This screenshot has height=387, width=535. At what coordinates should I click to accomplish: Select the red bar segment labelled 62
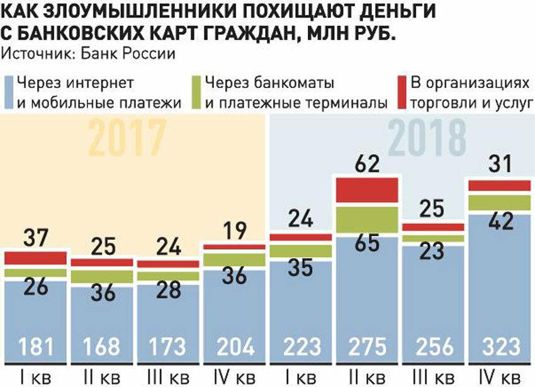[368, 189]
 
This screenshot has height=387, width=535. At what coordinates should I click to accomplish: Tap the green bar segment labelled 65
[368, 220]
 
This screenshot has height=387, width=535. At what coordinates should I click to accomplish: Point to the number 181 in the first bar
[35, 346]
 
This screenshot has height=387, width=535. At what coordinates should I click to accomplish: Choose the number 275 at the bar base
[368, 346]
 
